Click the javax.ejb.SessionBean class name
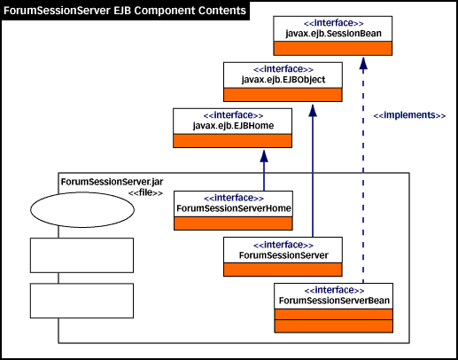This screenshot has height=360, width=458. [x=333, y=34]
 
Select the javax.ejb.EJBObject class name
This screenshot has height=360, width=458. [x=283, y=80]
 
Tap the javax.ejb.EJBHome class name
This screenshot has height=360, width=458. [x=233, y=126]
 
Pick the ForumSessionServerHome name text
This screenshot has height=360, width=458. [x=234, y=208]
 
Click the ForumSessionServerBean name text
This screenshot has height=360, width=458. [x=334, y=301]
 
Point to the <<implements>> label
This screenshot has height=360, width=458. [x=409, y=115]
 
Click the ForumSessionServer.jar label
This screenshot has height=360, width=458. [x=112, y=182]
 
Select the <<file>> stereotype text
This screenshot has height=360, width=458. [x=145, y=192]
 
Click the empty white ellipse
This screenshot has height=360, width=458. [x=82, y=210]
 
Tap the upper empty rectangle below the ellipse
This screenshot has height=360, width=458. [x=82, y=255]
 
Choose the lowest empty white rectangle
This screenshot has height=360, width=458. [x=82, y=301]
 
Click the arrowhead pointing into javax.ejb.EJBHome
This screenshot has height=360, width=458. [x=264, y=156]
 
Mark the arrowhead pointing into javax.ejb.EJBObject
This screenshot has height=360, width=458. [x=313, y=110]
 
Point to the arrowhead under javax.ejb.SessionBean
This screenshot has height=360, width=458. [x=363, y=64]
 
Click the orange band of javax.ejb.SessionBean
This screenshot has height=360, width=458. [x=333, y=48]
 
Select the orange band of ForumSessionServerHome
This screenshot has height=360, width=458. [x=233, y=223]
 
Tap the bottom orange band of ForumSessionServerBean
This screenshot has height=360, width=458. [x=334, y=326]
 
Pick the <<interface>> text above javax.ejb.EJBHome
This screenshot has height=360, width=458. [x=233, y=115]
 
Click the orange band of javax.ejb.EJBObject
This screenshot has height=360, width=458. [x=283, y=95]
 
